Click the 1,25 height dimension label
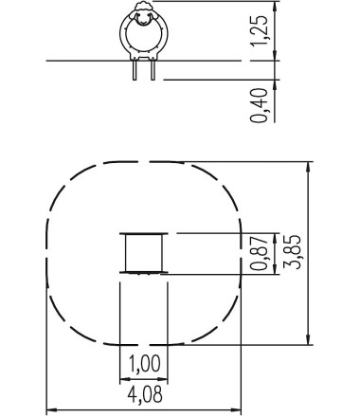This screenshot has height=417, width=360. pyautogui.click(x=260, y=30)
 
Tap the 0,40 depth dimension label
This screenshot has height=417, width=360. pyautogui.click(x=259, y=105)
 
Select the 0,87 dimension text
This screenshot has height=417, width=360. pyautogui.click(x=259, y=253)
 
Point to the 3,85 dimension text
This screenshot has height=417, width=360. pyautogui.click(x=292, y=252)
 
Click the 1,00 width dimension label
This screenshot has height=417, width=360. pyautogui.click(x=145, y=363)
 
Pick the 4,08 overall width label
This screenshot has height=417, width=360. pyautogui.click(x=145, y=394)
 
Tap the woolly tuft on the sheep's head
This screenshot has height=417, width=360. pyautogui.click(x=144, y=7)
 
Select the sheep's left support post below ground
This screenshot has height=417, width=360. pyautogui.click(x=135, y=70)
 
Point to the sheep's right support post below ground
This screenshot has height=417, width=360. pyautogui.click(x=153, y=70)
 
